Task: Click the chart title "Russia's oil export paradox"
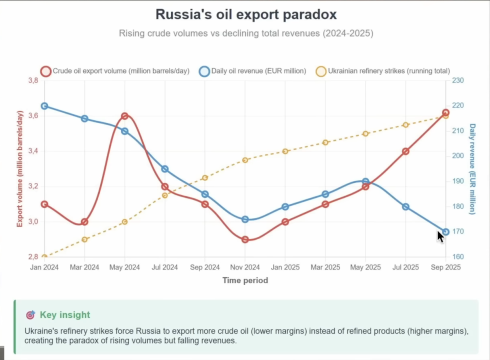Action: pyautogui.click(x=245, y=14)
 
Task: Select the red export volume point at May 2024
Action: pyautogui.click(x=124, y=116)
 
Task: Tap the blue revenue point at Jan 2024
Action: pyautogui.click(x=44, y=106)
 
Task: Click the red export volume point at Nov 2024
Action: pyautogui.click(x=245, y=239)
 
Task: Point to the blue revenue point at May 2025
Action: pyautogui.click(x=365, y=181)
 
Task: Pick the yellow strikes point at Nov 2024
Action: pyautogui.click(x=245, y=160)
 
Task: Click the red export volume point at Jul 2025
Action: pyautogui.click(x=405, y=151)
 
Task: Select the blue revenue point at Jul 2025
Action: pyautogui.click(x=405, y=206)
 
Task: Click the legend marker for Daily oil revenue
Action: pyautogui.click(x=204, y=71)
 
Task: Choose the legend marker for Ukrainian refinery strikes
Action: pyautogui.click(x=321, y=71)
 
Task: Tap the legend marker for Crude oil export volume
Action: pyautogui.click(x=46, y=71)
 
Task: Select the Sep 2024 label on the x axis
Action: pyautogui.click(x=205, y=267)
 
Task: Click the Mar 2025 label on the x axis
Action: pyautogui.click(x=325, y=267)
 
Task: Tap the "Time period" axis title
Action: pyautogui.click(x=245, y=280)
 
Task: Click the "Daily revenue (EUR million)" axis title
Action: pyautogui.click(x=472, y=169)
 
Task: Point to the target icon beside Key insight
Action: pyautogui.click(x=30, y=315)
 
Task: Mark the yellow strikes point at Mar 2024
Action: pyautogui.click(x=84, y=239)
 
